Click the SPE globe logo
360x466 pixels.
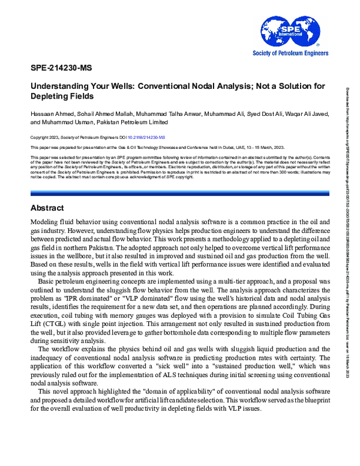[280, 32]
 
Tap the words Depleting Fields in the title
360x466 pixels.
[62, 96]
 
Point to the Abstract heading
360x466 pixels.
[47, 192]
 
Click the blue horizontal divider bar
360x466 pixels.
[179, 176]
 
